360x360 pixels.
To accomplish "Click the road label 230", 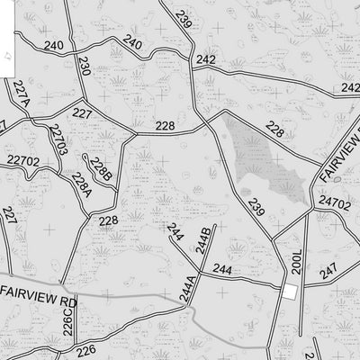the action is [x=84, y=65].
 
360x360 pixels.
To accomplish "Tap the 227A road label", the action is [x=22, y=93].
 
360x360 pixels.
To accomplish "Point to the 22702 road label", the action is [x=22, y=161].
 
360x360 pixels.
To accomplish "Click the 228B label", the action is [x=101, y=169].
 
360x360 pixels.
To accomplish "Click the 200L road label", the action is [x=298, y=261].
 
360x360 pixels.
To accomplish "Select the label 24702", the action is [x=334, y=204].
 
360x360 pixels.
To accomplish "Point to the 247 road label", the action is [x=328, y=270].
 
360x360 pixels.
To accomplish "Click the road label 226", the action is [x=85, y=350].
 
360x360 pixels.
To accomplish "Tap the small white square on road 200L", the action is [x=290, y=292].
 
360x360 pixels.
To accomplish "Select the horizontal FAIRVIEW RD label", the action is [x=40, y=291].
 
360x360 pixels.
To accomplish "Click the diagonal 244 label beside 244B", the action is [x=175, y=232].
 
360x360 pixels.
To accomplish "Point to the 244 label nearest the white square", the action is [x=222, y=270].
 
